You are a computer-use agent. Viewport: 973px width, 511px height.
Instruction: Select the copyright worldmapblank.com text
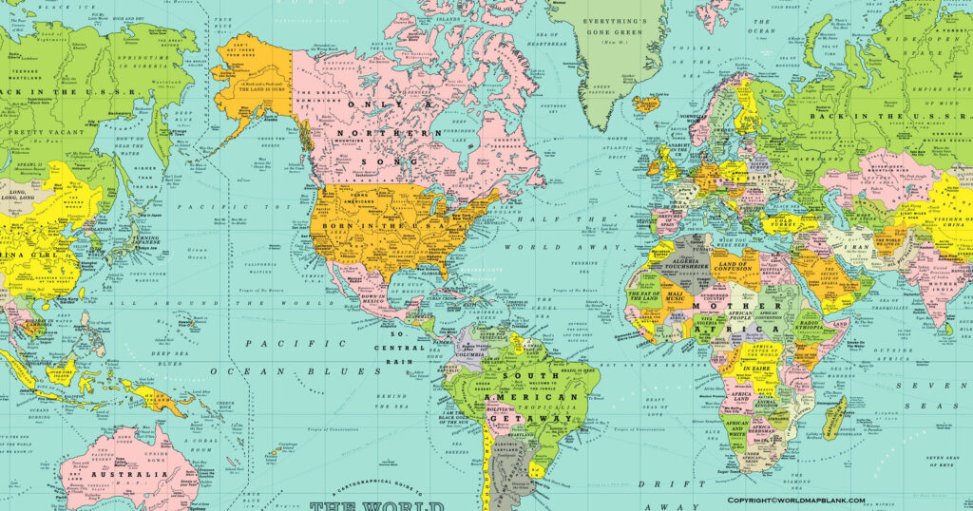tap(796, 501)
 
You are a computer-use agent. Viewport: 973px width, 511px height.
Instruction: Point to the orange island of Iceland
tap(647, 102)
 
